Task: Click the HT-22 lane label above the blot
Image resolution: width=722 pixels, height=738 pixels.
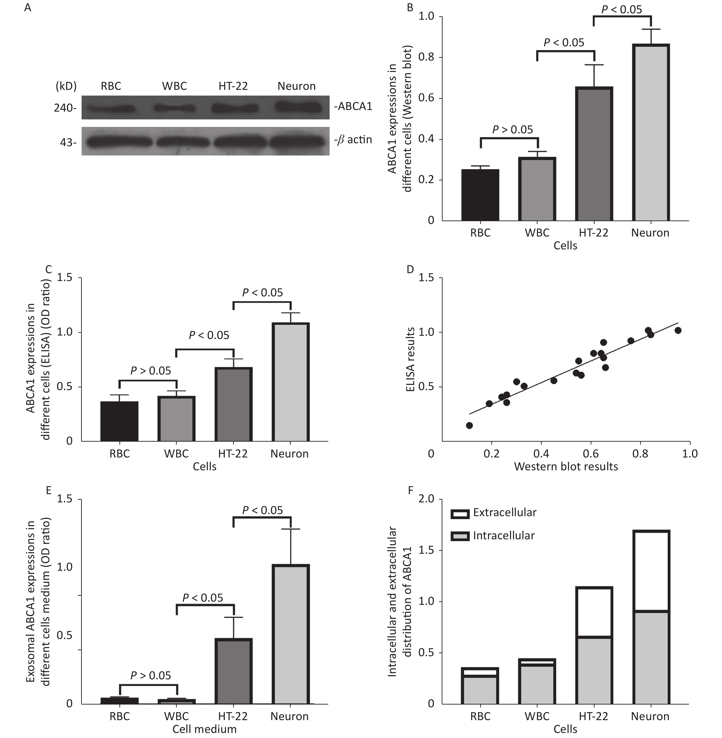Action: coord(233,86)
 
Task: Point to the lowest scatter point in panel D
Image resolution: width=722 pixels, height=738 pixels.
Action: coord(469,426)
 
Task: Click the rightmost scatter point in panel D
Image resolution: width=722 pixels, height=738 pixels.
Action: coord(678,330)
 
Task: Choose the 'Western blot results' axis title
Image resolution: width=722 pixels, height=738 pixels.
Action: coord(566,466)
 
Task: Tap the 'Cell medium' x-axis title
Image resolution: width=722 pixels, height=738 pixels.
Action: coord(204,729)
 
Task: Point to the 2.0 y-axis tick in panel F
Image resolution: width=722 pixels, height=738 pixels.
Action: coord(426,499)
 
